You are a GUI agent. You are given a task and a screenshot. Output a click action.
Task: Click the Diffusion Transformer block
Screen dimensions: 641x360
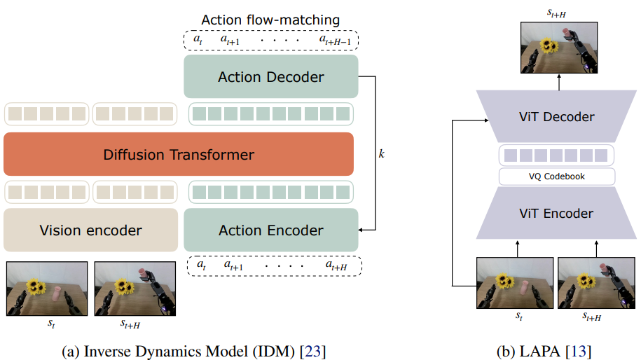pos(179,154)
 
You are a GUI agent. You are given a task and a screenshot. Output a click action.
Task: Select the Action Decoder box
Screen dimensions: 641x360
pos(271,76)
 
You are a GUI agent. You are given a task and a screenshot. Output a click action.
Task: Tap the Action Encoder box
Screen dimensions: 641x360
pos(271,230)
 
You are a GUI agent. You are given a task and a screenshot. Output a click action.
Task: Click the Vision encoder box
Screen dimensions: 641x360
pos(91,230)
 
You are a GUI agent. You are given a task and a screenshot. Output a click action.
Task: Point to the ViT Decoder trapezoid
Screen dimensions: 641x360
pos(556,116)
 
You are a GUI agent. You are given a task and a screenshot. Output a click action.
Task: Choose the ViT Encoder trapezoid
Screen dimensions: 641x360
pos(556,213)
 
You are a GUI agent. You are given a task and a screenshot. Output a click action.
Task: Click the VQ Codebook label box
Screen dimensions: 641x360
pos(557,176)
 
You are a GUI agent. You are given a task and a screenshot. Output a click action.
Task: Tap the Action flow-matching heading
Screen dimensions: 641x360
pos(270,20)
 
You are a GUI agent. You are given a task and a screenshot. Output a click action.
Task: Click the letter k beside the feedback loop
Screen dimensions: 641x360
pos(381,153)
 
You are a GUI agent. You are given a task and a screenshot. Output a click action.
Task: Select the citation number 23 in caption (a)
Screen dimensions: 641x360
pos(312,351)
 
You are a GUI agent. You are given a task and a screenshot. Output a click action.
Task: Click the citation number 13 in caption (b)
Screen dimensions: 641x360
pos(579,351)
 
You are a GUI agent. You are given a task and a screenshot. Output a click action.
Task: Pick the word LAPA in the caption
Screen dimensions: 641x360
pos(539,351)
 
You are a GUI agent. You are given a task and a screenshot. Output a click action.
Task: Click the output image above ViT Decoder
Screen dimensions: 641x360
pos(559,48)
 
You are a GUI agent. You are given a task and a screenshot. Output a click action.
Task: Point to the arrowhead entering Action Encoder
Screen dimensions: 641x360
pos(361,230)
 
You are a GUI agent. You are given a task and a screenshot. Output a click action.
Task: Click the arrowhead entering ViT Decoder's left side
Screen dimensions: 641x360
pos(486,120)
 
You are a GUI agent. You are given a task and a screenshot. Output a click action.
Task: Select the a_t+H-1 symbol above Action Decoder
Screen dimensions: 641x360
pos(335,40)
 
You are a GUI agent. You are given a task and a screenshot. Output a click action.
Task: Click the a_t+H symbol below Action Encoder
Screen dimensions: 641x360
pos(336,265)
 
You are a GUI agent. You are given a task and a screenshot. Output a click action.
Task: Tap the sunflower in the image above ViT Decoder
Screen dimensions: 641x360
pos(549,45)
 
